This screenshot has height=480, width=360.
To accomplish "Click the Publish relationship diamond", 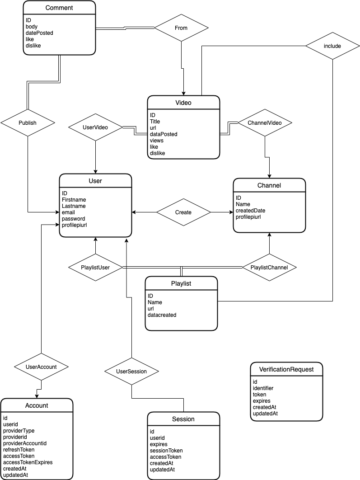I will click(28, 122).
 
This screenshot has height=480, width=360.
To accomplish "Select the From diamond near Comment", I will click(181, 28).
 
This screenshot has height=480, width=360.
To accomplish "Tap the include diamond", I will click(332, 46).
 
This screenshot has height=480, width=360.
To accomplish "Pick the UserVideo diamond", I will click(95, 127).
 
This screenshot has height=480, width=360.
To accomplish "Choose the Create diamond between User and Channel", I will click(183, 212).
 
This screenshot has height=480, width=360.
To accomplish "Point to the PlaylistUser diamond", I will click(95, 268).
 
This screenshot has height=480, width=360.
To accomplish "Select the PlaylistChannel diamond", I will click(269, 268).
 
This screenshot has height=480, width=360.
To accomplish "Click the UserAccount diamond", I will click(41, 367).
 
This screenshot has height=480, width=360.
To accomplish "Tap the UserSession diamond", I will click(131, 372).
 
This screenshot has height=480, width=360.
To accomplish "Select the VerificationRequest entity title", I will click(286, 369).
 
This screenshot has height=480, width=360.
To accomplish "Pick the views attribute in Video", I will click(157, 141).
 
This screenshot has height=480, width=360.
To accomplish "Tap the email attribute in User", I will click(69, 212).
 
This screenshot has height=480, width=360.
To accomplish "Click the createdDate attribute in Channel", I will click(250, 210).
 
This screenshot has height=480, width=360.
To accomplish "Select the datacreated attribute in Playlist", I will click(162, 315).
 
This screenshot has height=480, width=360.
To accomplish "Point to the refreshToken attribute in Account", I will click(19, 450).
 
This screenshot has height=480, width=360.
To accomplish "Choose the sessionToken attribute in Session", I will click(166, 451).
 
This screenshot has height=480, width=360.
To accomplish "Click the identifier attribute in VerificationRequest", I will click(263, 388).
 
